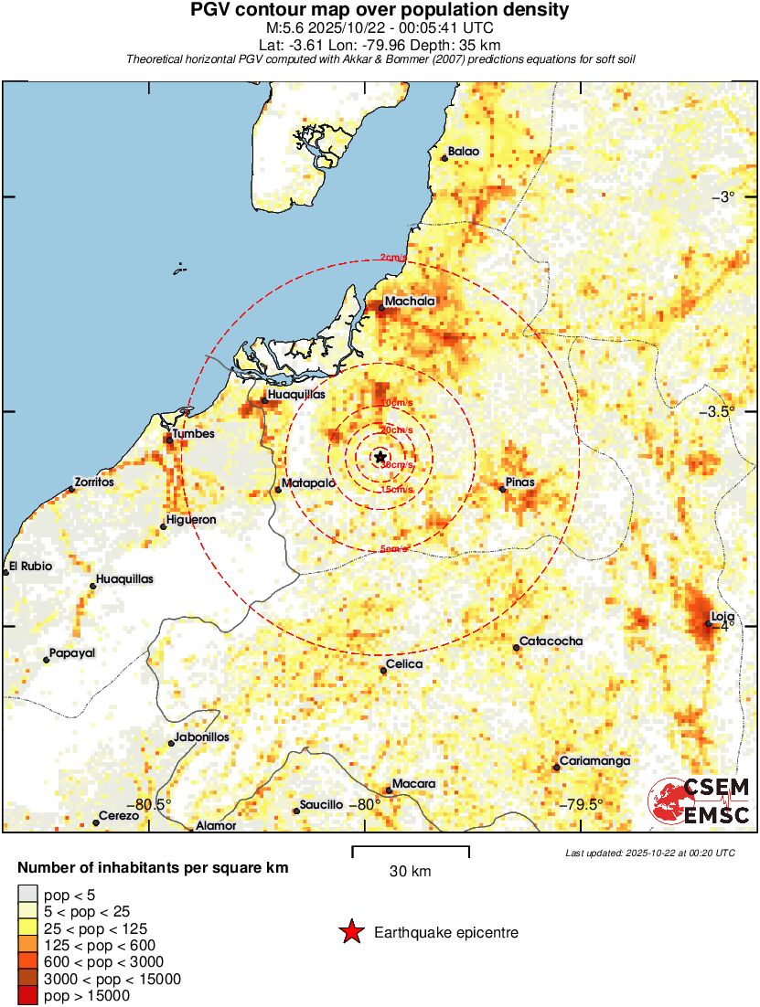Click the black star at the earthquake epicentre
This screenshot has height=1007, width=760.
coord(380,456)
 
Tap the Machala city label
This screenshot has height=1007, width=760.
coord(410,301)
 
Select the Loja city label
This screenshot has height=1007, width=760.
coord(723,617)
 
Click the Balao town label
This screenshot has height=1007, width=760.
coord(463,152)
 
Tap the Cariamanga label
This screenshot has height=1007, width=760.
coord(594,761)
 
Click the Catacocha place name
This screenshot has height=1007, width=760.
coord(551,641)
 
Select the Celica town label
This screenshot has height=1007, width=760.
coord(404,664)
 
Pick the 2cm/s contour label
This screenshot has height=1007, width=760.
coord(393,259)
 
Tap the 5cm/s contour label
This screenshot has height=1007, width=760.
coord(393,549)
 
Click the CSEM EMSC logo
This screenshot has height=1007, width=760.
coord(700,801)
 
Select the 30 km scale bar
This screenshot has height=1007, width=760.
coord(411,851)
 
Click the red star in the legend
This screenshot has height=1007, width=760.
coord(350,932)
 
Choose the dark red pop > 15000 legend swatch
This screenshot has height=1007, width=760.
coord(27,995)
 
